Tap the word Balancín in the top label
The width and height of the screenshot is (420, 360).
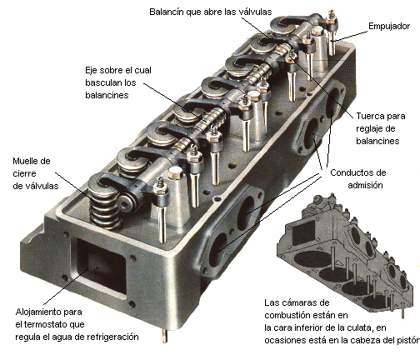click(170, 12)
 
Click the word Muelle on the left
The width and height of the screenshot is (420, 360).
click(26, 160)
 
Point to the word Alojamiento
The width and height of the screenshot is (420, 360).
click(32, 310)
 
